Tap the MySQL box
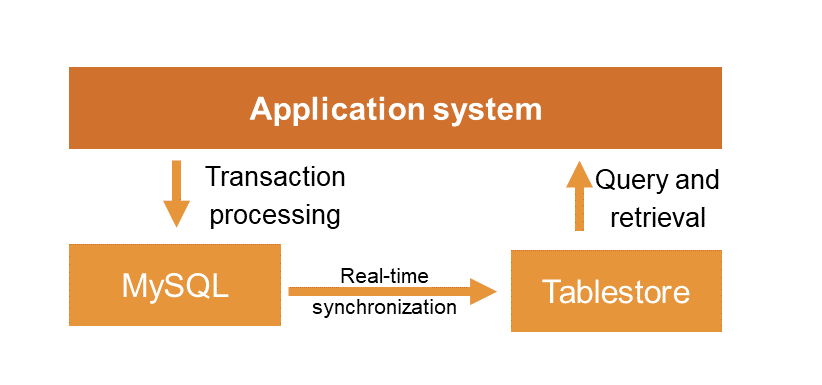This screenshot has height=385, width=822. click(175, 285)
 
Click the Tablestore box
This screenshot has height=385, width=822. click(616, 292)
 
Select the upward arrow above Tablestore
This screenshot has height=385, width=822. click(578, 197)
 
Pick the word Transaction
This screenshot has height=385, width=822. click(275, 178)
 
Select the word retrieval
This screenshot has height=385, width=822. click(658, 217)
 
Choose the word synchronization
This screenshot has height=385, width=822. click(384, 308)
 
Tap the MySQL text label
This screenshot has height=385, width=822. click(175, 286)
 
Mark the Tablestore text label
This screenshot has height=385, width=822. click(616, 292)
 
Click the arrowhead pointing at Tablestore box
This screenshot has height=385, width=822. click(484, 291)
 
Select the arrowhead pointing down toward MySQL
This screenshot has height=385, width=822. click(177, 213)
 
